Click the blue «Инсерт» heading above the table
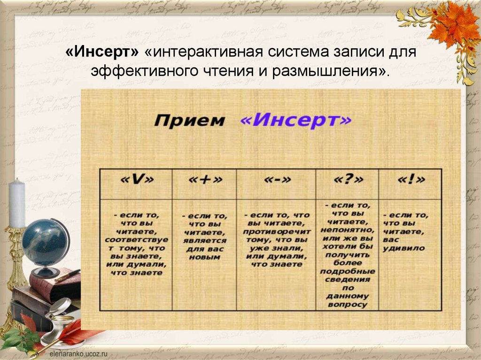pos(295,120)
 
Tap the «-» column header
pos(276,180)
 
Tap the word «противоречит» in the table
pos(277,231)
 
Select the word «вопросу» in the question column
pos(348,305)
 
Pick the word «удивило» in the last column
pos(403,248)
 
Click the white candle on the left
pos(17,203)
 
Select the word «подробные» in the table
pos(348,271)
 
